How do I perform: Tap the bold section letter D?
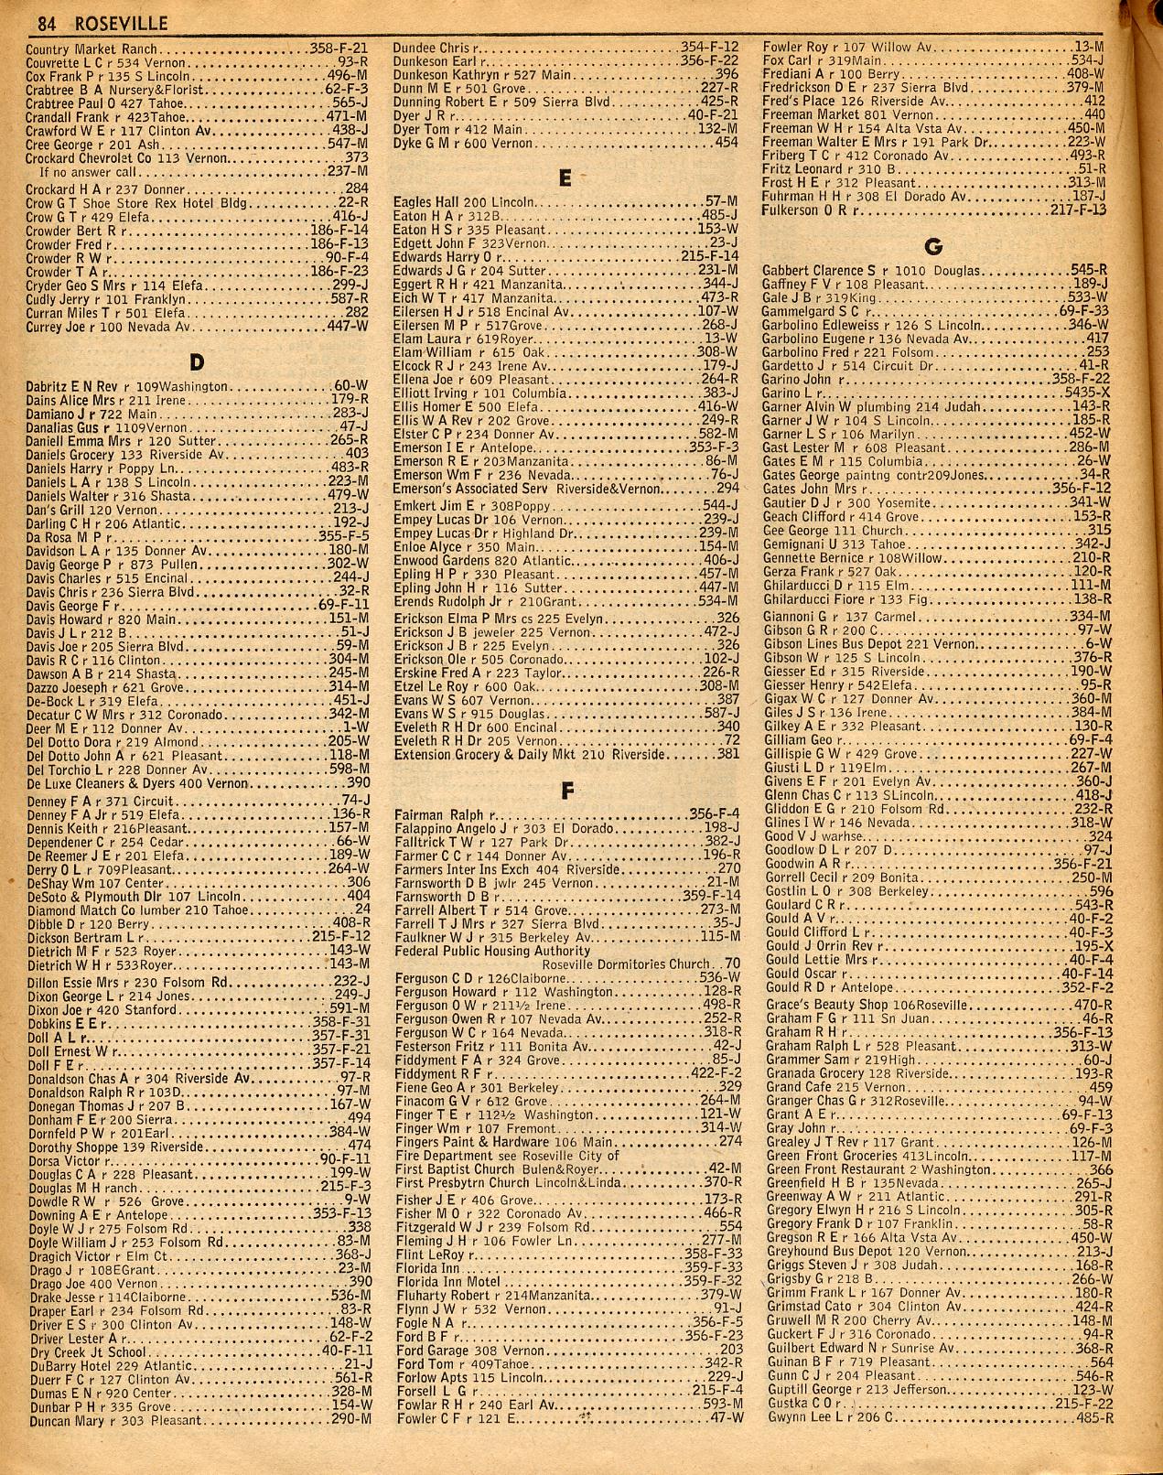click(x=194, y=358)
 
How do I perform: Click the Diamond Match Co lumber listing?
click(x=119, y=909)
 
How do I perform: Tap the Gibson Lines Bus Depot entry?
click(x=869, y=644)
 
